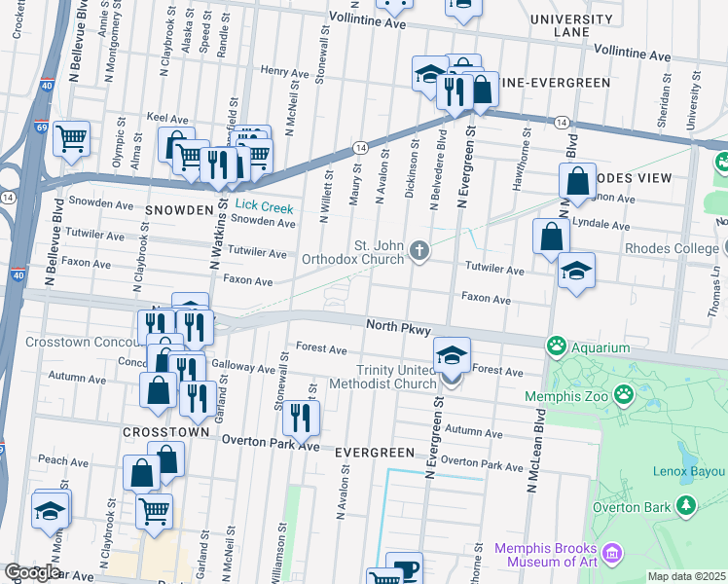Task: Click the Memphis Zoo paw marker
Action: point(623,395)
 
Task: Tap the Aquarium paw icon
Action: point(557,345)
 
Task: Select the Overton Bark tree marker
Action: point(686,504)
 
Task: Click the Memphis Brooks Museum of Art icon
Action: point(613,554)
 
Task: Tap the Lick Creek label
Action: point(262,206)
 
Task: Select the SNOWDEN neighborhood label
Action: point(179,210)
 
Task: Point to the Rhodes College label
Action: point(672,248)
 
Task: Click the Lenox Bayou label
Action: point(685,472)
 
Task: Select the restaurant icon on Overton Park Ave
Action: point(301,417)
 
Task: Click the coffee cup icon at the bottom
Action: point(404,567)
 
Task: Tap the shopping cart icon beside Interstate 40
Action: point(71,138)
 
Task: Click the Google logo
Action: point(32,572)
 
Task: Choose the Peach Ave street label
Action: point(57,458)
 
